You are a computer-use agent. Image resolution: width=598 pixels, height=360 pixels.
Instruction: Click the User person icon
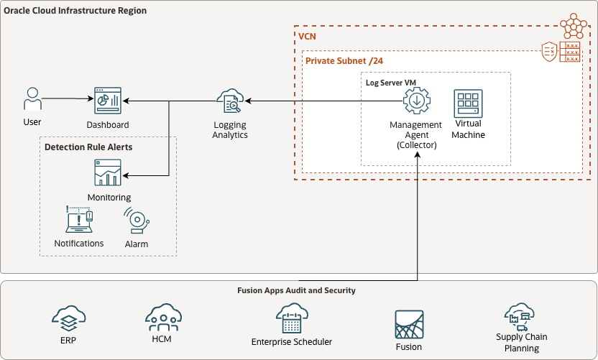pos(32,100)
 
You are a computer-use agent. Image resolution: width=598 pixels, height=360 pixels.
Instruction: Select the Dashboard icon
pos(108,101)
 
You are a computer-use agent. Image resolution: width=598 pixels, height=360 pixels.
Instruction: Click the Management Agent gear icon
pos(415,102)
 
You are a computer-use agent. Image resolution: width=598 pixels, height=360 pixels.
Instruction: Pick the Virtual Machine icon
pos(468,103)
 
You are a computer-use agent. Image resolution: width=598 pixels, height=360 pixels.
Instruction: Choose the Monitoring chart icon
pos(108,173)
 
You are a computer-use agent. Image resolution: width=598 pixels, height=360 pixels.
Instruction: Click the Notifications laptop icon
pos(79,221)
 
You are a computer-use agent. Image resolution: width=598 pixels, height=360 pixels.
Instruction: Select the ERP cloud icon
pos(69,317)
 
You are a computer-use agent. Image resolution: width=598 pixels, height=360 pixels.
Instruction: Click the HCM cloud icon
pos(162,317)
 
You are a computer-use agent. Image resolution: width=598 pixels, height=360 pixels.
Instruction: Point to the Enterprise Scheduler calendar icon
pos(291,318)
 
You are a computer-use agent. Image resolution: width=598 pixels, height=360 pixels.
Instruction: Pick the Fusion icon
pos(408,325)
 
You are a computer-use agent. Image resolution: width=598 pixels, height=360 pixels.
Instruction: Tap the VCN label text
pos(308,34)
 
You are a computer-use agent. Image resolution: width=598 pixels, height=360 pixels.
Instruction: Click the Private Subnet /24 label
pos(344,60)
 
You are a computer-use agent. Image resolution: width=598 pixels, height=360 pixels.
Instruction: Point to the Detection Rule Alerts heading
pos(88,147)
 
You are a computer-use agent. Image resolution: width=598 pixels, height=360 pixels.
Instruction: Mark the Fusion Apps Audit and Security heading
pos(296,290)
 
